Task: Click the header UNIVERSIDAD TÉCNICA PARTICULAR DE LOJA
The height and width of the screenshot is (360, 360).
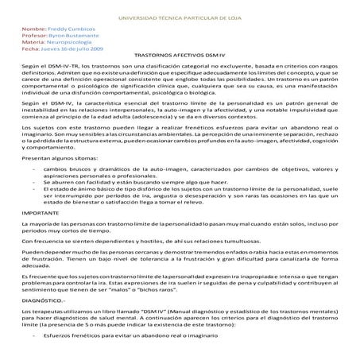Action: [x=180, y=17]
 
